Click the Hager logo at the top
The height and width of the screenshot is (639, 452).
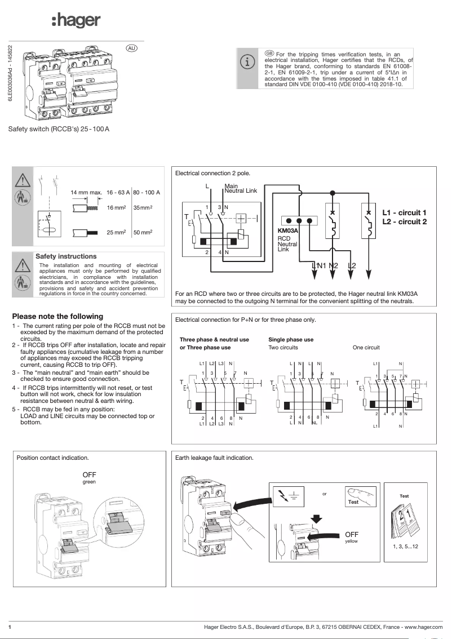pyautogui.click(x=76, y=21)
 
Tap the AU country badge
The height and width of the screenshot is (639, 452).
pyautogui.click(x=131, y=48)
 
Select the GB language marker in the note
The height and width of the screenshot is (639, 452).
pyautogui.click(x=269, y=53)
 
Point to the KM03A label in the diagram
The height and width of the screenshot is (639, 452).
pyautogui.click(x=287, y=231)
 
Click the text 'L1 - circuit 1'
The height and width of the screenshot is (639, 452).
pyautogui.click(x=404, y=212)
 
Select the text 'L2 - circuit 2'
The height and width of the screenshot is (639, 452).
pyautogui.click(x=404, y=221)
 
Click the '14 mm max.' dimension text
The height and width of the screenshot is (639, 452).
pyautogui.click(x=86, y=193)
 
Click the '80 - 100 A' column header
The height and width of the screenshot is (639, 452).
pyautogui.click(x=147, y=193)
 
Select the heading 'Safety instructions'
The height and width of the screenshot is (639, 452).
pyautogui.click(x=66, y=256)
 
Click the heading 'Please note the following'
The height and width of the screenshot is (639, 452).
pyautogui.click(x=57, y=316)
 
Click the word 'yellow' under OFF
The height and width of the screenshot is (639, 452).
pyautogui.click(x=351, y=541)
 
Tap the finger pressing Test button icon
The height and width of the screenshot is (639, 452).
pyautogui.click(x=360, y=496)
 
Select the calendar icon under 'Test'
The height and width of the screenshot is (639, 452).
pyautogui.click(x=404, y=521)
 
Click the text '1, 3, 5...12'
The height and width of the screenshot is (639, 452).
pyautogui.click(x=404, y=547)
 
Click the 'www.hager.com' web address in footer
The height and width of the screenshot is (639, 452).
pyautogui.click(x=420, y=627)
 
